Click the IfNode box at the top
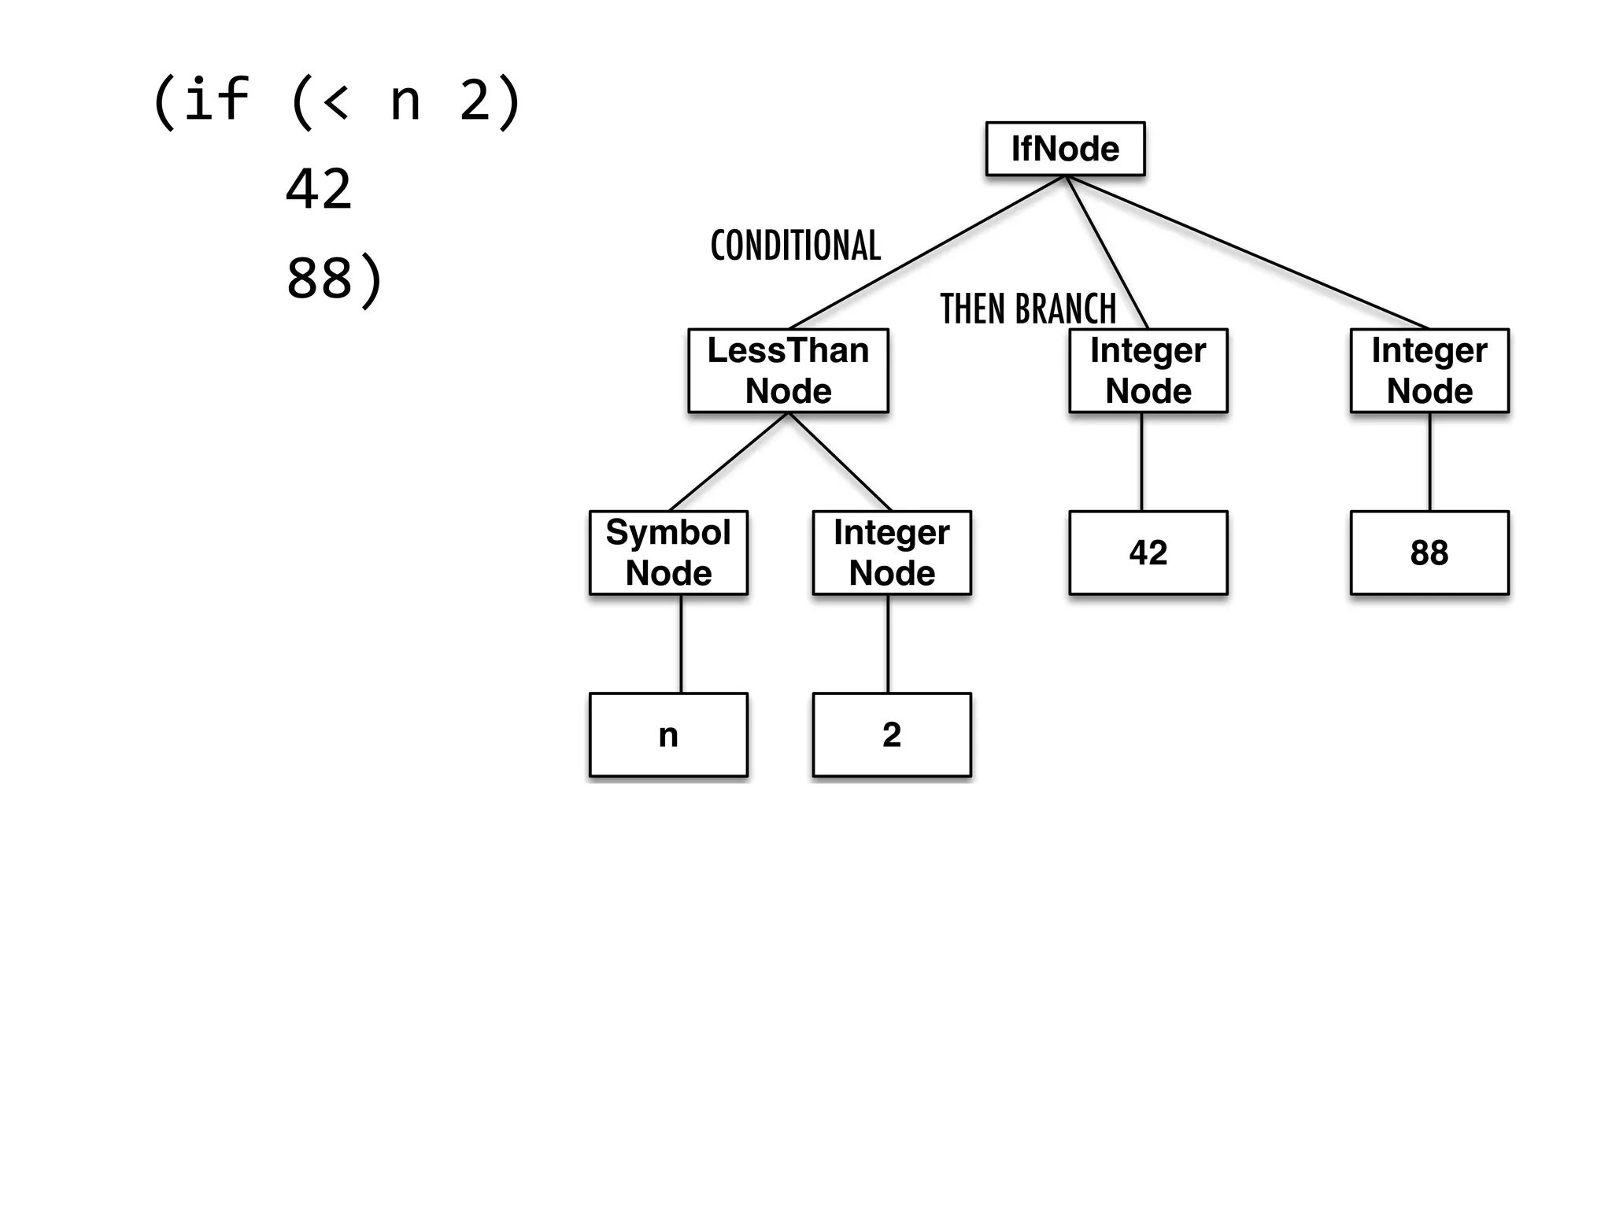point(1065,149)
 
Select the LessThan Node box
point(788,371)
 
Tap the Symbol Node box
point(668,553)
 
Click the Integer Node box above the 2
point(892,553)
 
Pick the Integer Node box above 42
point(1148,371)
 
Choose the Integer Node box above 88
point(1429,371)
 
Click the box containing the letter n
point(668,734)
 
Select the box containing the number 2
point(892,734)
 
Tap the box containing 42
point(1148,553)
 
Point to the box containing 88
point(1429,553)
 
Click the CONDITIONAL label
point(795,246)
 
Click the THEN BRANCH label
point(1028,309)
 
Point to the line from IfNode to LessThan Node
point(927,252)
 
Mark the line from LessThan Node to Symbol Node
point(729,461)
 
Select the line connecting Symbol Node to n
point(681,644)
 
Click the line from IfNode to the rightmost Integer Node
point(1248,252)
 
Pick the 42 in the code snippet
point(318,189)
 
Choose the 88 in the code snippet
point(318,278)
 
